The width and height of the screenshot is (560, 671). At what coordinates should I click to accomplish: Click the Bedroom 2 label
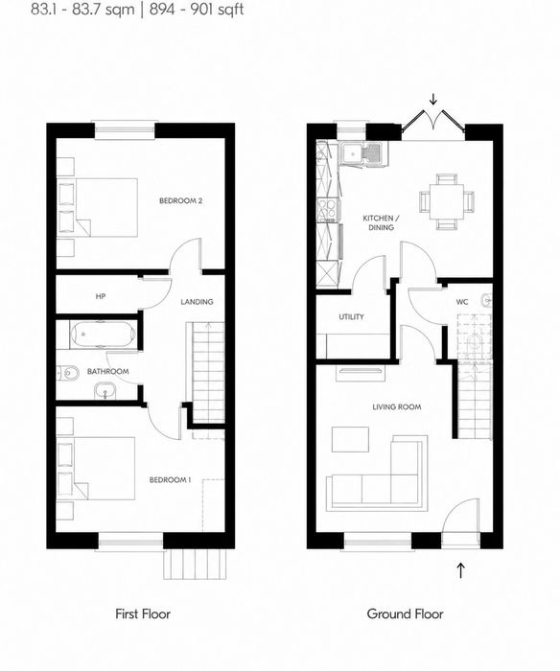coord(180,200)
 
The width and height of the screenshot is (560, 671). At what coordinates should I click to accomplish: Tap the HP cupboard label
coord(101,296)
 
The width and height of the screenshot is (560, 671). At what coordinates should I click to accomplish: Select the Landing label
coord(197,302)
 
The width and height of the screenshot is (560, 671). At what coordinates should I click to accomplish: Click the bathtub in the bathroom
coord(104,334)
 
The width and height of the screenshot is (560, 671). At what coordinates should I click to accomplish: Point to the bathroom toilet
coord(68,374)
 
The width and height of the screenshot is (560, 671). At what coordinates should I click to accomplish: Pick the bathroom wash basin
coord(105,390)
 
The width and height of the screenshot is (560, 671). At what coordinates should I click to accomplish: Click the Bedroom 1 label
coord(170,480)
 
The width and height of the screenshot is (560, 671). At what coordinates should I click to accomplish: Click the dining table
coord(447,200)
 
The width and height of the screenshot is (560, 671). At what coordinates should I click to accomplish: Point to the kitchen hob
coord(328,211)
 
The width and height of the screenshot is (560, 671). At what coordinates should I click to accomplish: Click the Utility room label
coord(351,316)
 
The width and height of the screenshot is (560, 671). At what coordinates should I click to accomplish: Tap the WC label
coord(462,302)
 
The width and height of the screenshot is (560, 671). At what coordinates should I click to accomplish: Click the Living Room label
coord(396,406)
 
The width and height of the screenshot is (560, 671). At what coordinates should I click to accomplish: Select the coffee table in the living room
coord(350,439)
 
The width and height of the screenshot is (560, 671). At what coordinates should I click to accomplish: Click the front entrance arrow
coord(460,570)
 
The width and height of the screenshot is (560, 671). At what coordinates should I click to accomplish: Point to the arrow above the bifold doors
coord(433,100)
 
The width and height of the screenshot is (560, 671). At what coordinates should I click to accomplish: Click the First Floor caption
coord(143,614)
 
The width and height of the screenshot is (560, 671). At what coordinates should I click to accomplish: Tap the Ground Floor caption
coord(405,614)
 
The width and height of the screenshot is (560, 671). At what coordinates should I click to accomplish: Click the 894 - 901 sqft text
coord(197,10)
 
